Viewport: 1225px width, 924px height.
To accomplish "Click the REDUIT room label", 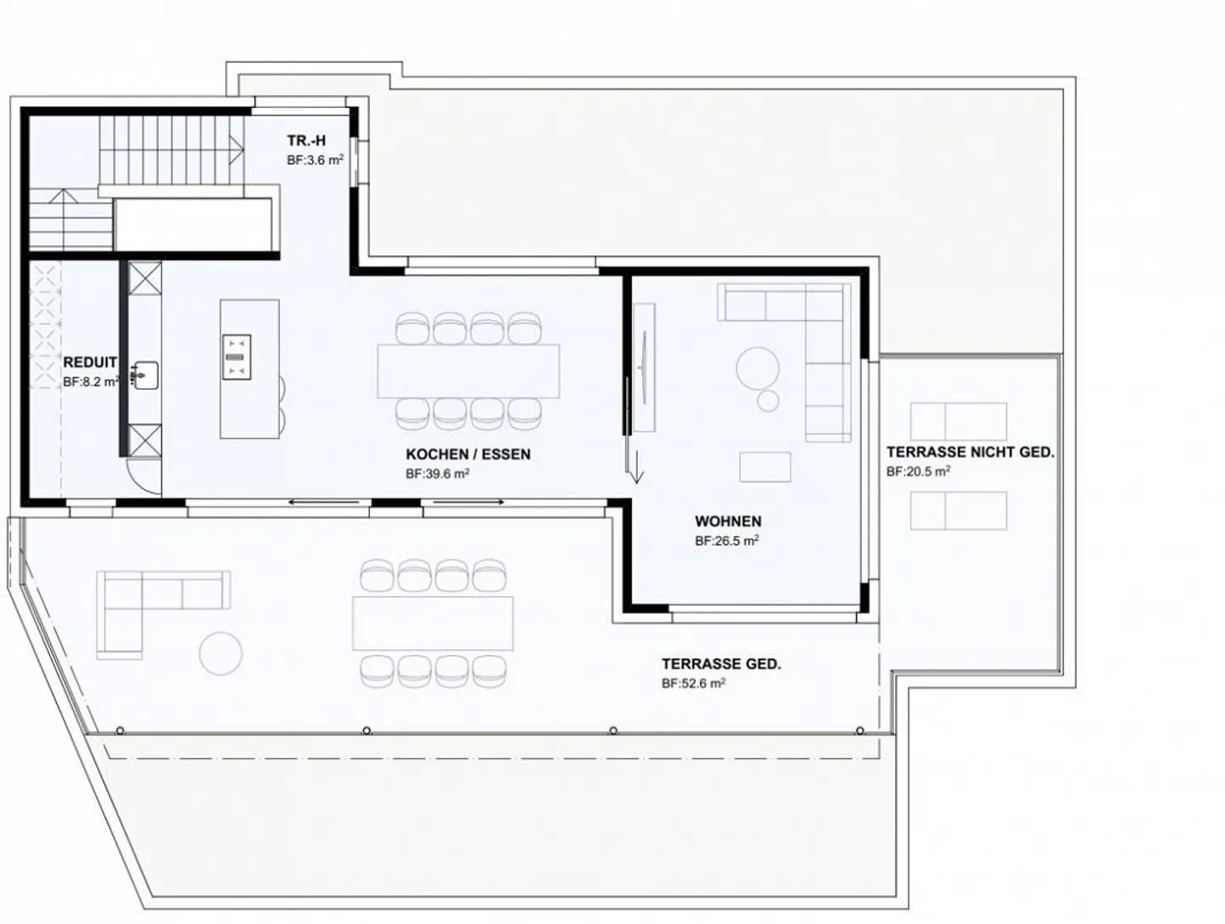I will click(x=89, y=362).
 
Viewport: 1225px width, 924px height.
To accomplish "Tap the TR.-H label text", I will click(x=306, y=141).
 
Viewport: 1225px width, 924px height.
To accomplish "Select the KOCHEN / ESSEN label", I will click(x=468, y=454).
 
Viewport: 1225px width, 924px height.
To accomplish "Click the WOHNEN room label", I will click(x=727, y=522).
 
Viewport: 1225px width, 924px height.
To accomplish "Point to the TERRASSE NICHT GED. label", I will click(x=970, y=453).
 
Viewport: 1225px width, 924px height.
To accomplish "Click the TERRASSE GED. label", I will click(x=721, y=664).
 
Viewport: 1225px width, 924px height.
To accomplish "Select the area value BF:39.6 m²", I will click(x=437, y=474).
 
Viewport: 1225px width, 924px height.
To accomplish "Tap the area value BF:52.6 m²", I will click(x=693, y=683).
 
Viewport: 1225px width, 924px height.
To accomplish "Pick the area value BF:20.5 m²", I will click(x=918, y=471).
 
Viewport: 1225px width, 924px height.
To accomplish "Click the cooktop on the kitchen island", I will click(x=236, y=356).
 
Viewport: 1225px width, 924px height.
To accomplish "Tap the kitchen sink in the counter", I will click(x=145, y=375).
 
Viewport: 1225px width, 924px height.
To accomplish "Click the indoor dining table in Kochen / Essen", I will click(x=469, y=370).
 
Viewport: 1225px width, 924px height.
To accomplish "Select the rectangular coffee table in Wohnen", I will click(x=765, y=466).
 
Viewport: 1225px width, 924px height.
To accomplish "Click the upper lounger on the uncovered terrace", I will click(x=958, y=421).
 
